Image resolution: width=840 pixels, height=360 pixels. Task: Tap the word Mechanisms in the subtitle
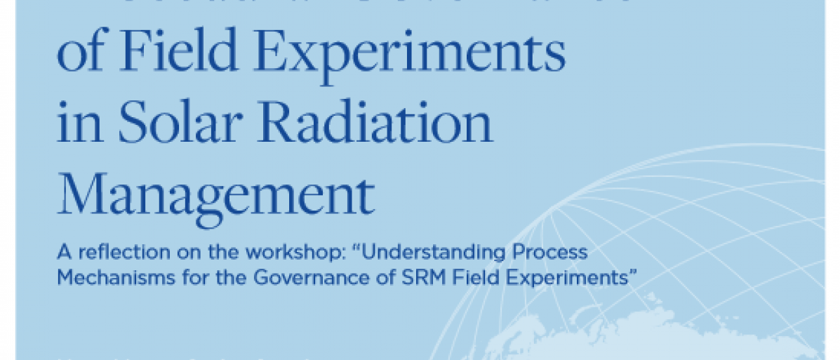pyautogui.click(x=105, y=276)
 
